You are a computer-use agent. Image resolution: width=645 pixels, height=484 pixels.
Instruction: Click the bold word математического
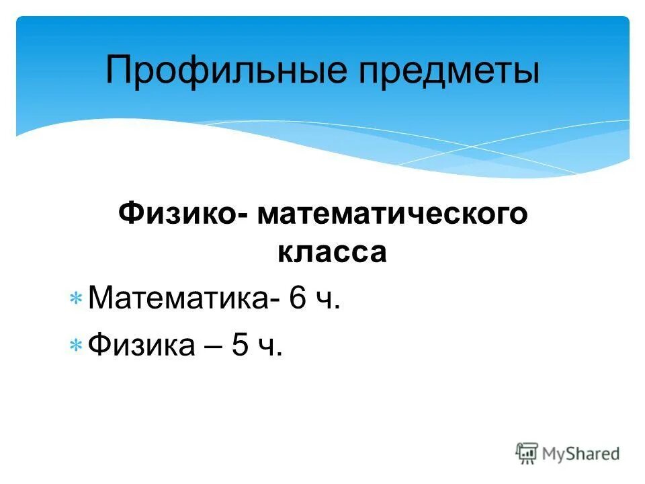390,215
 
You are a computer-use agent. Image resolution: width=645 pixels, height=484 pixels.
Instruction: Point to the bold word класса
332,253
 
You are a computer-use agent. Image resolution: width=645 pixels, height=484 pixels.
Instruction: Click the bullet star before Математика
76,298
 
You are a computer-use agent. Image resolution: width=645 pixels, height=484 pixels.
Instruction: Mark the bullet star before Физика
76,346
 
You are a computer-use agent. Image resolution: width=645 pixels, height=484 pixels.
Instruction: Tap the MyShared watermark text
581,454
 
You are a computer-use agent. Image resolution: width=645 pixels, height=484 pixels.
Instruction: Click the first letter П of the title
118,71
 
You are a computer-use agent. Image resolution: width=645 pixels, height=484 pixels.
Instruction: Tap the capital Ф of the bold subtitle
130,214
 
